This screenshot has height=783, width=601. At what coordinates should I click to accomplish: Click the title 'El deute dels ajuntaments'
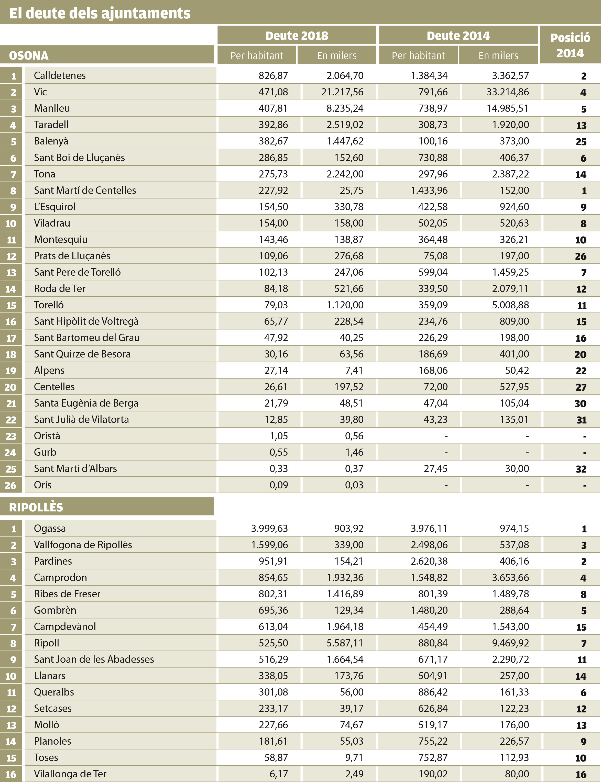[100, 13]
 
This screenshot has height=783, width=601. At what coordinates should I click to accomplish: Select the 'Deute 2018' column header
[297, 35]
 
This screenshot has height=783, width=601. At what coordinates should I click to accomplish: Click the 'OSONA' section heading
[29, 55]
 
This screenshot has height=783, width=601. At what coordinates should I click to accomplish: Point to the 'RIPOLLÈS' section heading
[36, 507]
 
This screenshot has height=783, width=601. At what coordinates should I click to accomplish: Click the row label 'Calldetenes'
[60, 75]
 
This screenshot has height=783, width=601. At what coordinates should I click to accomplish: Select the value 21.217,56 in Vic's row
[342, 92]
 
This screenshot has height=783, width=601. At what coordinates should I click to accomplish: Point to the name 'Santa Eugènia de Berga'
[86, 403]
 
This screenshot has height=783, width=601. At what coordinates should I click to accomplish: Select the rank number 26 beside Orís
[11, 485]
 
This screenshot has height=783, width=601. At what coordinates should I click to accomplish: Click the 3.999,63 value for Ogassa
[269, 529]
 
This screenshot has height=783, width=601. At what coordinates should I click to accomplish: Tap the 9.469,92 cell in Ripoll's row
[510, 643]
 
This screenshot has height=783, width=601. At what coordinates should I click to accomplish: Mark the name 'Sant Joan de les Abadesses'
[94, 659]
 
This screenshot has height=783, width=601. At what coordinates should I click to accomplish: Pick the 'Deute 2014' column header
[458, 35]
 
